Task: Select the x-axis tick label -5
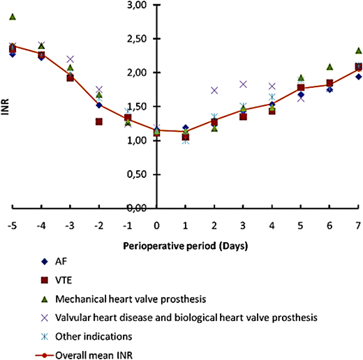(12, 226)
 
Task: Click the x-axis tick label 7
(358, 226)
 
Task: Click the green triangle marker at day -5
(13, 17)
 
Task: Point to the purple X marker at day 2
(214, 91)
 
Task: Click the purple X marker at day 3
(243, 84)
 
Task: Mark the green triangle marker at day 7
(358, 51)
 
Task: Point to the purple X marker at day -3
(71, 59)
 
